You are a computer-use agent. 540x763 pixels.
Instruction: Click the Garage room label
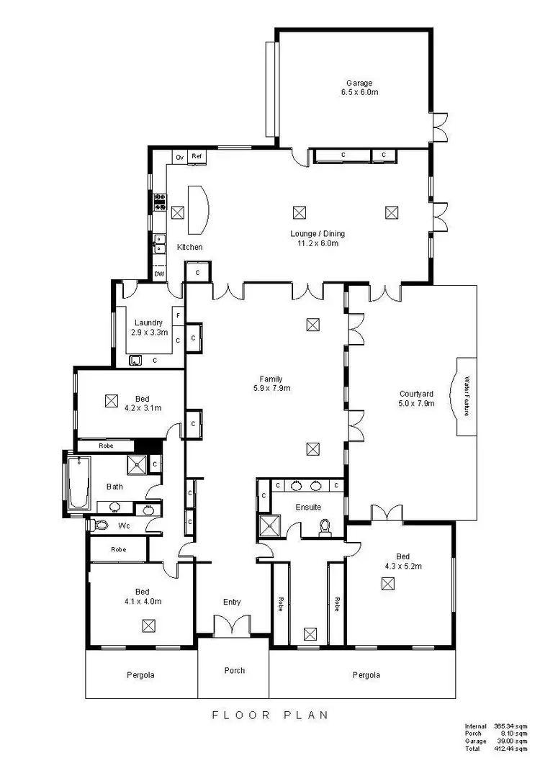tap(358, 83)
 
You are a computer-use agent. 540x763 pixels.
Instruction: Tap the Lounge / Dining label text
tap(318, 233)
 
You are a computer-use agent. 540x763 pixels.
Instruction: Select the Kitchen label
tap(190, 247)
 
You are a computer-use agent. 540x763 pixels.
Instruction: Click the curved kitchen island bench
tap(198, 209)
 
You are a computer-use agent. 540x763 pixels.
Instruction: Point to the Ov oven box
tap(180, 156)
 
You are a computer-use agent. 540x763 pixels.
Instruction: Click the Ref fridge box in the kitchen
tap(195, 156)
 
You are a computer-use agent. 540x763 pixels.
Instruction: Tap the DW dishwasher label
tap(159, 274)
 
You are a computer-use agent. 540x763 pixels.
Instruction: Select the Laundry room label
tap(148, 323)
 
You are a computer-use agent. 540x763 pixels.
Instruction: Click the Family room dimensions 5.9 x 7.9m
tap(271, 389)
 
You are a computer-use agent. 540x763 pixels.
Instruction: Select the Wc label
tap(124, 525)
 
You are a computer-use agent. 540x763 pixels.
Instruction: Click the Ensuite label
tap(307, 507)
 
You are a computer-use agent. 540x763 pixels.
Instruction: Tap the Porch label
tap(234, 670)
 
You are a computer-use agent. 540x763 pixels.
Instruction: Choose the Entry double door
tap(232, 625)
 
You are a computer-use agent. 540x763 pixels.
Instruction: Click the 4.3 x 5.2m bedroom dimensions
tap(402, 566)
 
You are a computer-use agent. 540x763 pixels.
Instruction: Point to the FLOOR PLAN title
tap(270, 715)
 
